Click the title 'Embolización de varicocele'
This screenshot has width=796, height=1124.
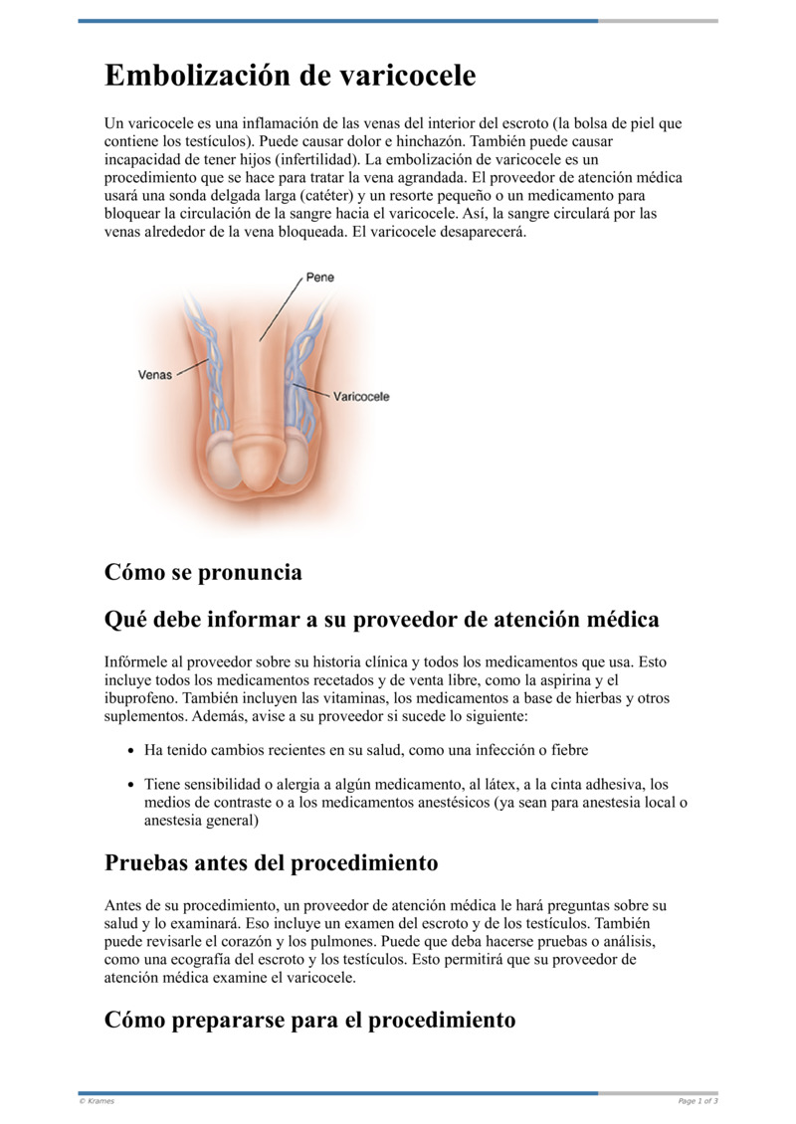(290, 76)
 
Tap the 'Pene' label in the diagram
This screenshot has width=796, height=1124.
(319, 278)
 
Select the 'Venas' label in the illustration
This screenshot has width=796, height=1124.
(154, 375)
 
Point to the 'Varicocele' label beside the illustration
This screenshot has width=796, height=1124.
(360, 396)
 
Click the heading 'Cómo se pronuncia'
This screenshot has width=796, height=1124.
(203, 573)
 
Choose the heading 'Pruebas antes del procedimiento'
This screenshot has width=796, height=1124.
(271, 862)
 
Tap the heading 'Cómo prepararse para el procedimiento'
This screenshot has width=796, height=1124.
(309, 1020)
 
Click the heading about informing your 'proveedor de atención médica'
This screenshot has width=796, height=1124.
(381, 620)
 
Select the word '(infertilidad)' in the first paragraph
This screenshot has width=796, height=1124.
(308, 159)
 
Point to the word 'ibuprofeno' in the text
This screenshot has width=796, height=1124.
(136, 697)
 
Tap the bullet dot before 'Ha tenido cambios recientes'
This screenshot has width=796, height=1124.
(131, 749)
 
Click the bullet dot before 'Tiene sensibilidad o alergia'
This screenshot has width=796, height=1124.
(131, 784)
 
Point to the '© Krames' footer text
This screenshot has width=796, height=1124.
(97, 1101)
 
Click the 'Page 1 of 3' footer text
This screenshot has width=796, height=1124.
(697, 1101)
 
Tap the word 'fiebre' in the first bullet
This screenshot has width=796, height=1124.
(581, 749)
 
